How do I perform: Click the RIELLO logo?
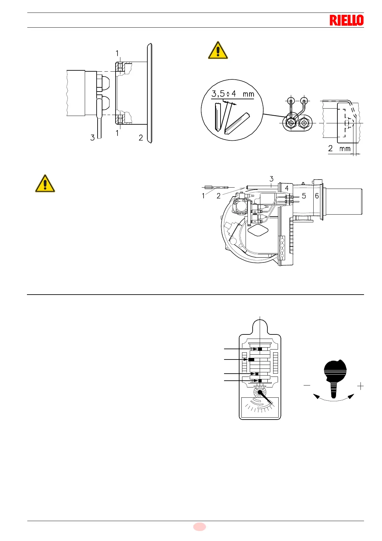point(346,20)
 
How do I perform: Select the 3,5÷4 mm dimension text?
point(232,94)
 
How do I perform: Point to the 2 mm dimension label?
point(339,149)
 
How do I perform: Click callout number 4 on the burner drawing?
point(287,188)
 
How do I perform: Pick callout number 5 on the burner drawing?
point(304,196)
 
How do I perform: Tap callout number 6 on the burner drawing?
point(317,196)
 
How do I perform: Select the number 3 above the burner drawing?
point(271,179)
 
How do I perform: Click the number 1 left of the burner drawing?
point(203,196)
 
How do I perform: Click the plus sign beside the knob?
point(360,386)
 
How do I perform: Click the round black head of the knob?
point(335,370)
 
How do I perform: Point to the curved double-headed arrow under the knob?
point(334,398)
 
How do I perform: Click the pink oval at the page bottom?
point(199,527)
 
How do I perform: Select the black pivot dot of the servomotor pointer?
point(260,392)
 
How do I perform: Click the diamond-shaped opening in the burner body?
point(258,230)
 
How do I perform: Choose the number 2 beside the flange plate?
point(141,138)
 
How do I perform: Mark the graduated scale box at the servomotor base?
point(260,407)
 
